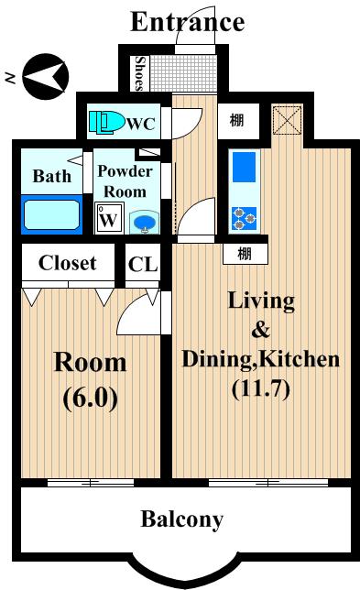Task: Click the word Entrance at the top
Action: coord(188,22)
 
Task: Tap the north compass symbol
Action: coord(46,76)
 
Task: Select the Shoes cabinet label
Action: coord(140,73)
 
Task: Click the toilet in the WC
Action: coord(107,122)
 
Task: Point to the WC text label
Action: coord(141,124)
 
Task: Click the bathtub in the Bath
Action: coord(52,214)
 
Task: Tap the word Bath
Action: coord(51,176)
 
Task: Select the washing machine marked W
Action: coord(109,218)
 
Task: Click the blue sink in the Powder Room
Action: coord(145,223)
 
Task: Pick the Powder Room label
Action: coord(125,181)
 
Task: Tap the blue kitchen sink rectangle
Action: coord(244,167)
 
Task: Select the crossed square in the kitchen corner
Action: coord(287,120)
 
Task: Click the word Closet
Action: coord(68,263)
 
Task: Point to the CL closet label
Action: coord(143,264)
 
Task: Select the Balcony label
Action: coord(182,519)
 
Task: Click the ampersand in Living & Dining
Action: coord(261,329)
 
